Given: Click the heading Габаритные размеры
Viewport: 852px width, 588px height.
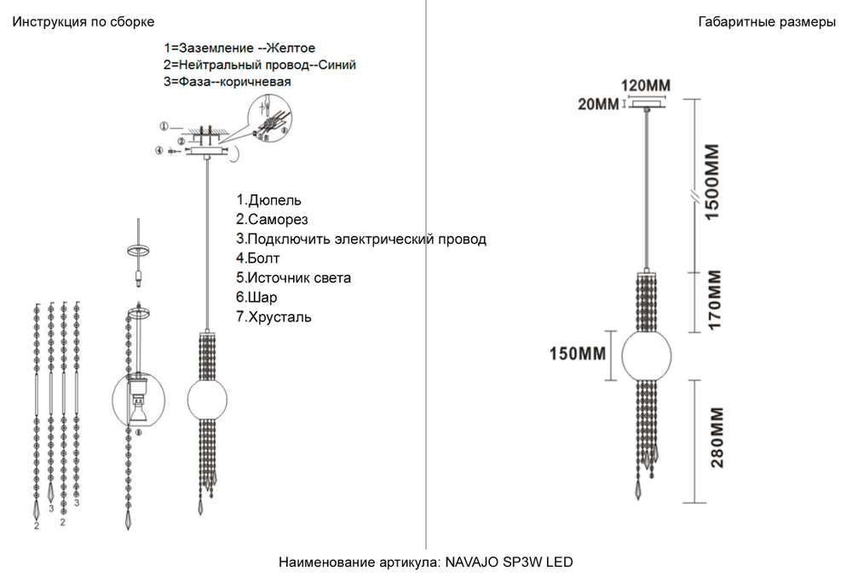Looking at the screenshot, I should coord(766,22).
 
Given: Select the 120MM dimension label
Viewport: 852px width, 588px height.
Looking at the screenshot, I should coord(645,86).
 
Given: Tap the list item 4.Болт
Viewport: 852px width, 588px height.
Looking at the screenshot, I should coord(258,258).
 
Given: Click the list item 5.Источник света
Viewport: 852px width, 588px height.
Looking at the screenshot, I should coord(294,278).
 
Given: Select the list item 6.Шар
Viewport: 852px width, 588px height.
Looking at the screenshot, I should coord(256,297).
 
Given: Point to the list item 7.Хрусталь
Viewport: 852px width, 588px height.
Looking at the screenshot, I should coord(274,317).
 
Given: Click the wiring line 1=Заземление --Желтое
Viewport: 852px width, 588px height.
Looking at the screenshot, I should coord(245,49).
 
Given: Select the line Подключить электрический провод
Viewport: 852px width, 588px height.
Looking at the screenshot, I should coord(361,239).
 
